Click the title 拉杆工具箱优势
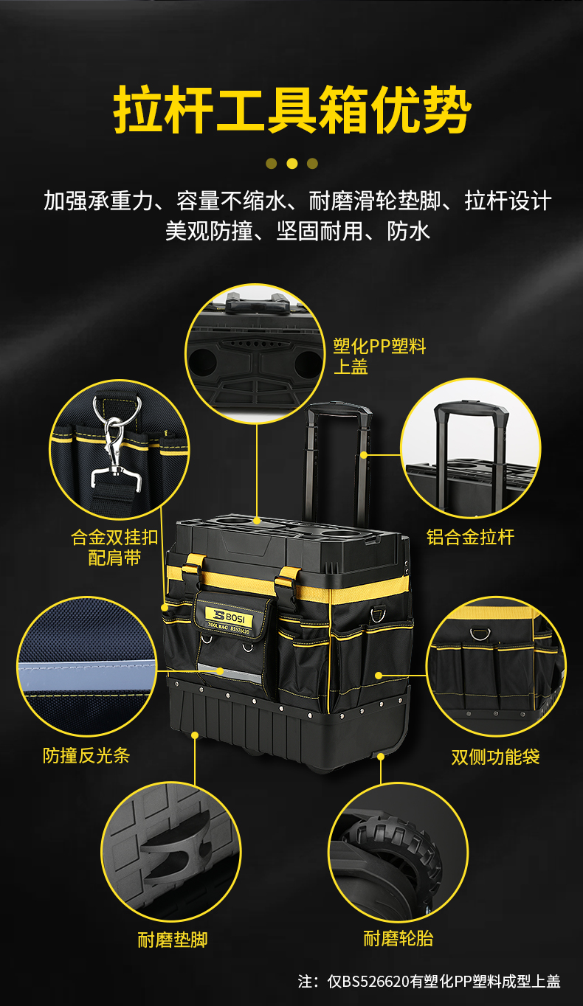point(291,110)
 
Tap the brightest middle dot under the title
point(291,164)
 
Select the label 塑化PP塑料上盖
point(379,356)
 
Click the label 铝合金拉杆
point(471,537)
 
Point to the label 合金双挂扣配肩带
point(114,547)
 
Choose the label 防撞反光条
point(86,755)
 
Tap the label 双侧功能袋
point(495,757)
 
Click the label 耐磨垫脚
point(173,940)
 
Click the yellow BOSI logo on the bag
point(230,616)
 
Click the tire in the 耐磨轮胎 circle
point(396,853)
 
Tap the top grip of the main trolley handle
point(338,408)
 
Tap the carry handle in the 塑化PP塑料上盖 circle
point(255,302)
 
